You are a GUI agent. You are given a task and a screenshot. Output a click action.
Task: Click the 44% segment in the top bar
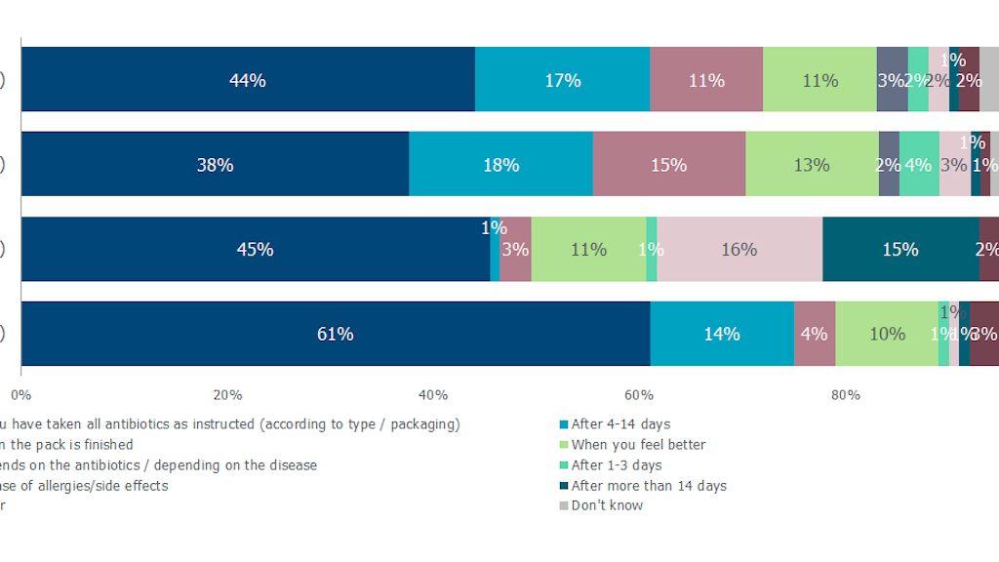click(x=248, y=80)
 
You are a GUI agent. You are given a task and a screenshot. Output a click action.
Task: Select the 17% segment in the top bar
click(x=563, y=80)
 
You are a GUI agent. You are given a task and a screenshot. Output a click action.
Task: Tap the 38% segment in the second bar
click(x=215, y=165)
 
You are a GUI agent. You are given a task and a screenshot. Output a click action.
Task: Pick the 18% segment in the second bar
click(x=500, y=165)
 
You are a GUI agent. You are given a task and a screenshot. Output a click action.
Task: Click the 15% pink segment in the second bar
click(x=668, y=165)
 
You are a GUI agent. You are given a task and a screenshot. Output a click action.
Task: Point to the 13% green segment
click(x=812, y=165)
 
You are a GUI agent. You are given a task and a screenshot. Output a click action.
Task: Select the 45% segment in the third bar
click(x=255, y=249)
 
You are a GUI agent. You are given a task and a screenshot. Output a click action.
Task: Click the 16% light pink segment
click(x=739, y=249)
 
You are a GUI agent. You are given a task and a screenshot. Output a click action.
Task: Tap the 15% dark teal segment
click(x=899, y=249)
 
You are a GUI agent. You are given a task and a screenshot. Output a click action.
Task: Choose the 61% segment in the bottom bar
click(x=335, y=334)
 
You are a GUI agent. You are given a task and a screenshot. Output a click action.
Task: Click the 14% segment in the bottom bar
click(x=722, y=334)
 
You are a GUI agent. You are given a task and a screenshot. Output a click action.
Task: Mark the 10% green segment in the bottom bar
click(x=887, y=334)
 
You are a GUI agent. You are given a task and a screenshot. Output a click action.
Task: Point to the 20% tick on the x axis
click(x=227, y=394)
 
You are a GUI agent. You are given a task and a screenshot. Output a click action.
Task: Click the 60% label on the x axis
click(x=639, y=394)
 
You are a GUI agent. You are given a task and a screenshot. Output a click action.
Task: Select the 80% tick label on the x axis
click(x=845, y=394)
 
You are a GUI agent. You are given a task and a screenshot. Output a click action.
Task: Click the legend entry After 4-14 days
click(x=620, y=424)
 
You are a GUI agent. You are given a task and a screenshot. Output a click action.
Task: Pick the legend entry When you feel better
click(x=638, y=445)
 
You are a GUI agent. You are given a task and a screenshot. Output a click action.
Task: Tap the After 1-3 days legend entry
click(x=617, y=465)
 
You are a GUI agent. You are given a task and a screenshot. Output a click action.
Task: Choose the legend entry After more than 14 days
click(x=649, y=486)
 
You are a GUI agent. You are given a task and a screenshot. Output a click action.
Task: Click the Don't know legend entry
click(x=607, y=505)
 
